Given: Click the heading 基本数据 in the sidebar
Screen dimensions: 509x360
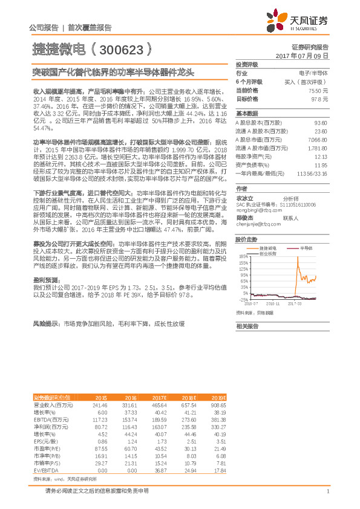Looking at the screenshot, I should tap(247, 114).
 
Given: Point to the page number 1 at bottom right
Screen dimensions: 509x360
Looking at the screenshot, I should tap(327, 491).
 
